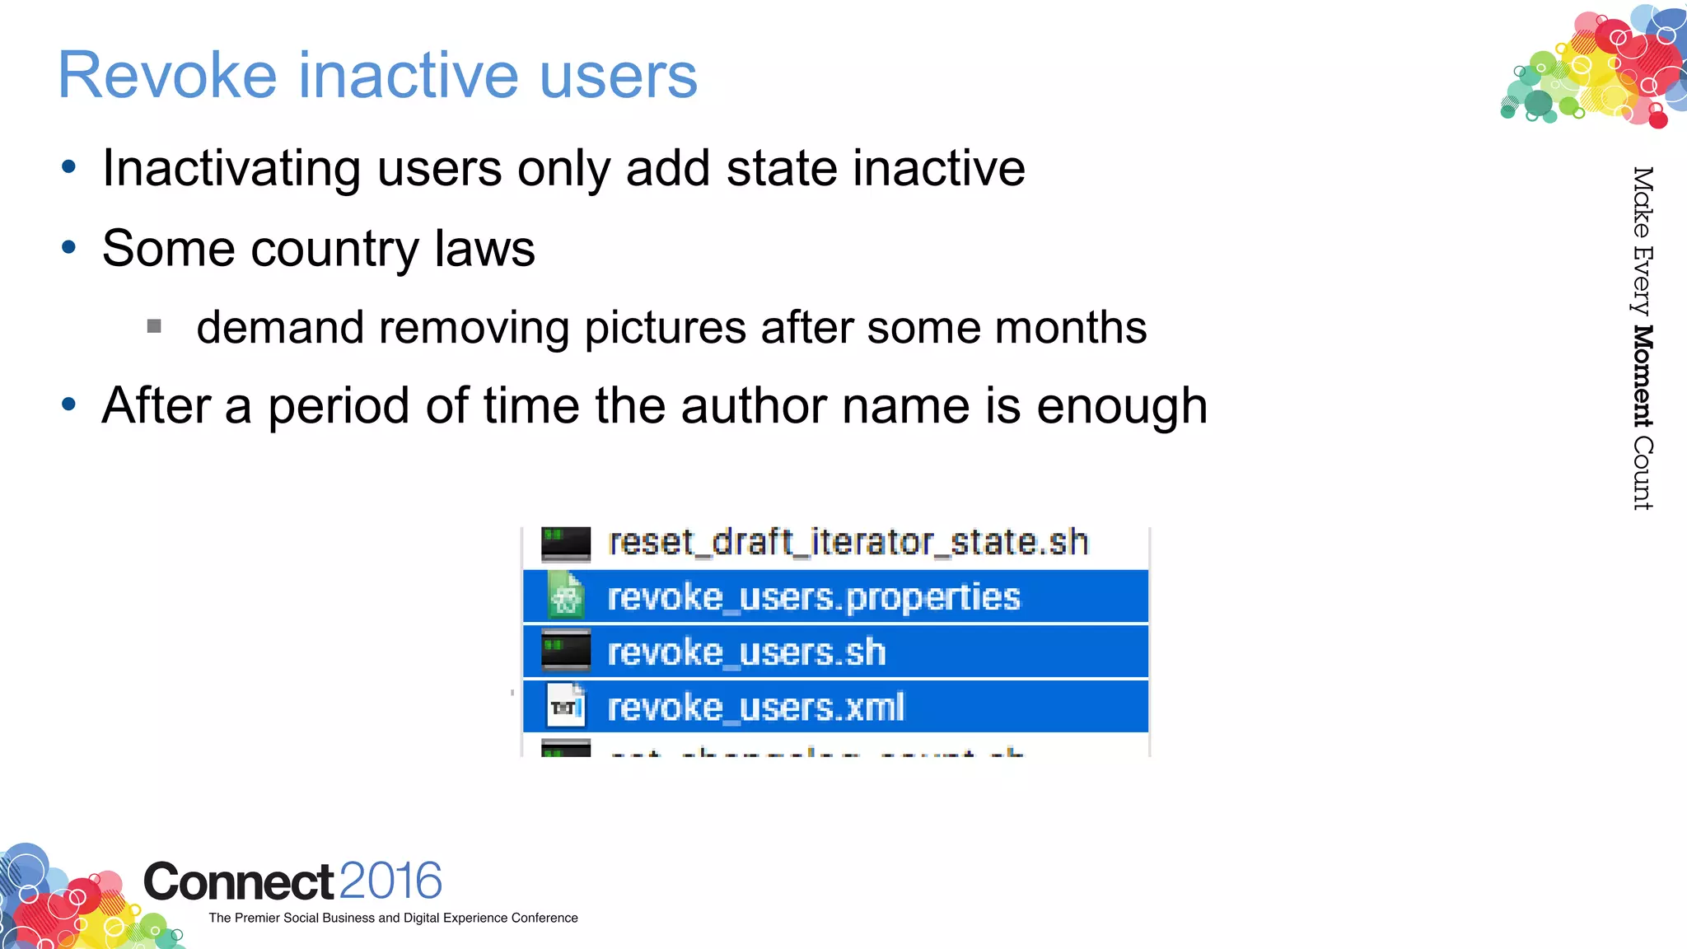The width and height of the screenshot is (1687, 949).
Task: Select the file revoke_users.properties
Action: pyautogui.click(x=813, y=596)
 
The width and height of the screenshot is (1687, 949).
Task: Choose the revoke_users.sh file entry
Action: pyautogui.click(x=746, y=652)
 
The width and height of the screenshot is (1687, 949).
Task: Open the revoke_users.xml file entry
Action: pyautogui.click(x=755, y=707)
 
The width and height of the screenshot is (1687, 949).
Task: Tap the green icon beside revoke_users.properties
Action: pyautogui.click(x=566, y=596)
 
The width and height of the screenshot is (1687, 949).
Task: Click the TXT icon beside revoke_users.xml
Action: pyautogui.click(x=566, y=707)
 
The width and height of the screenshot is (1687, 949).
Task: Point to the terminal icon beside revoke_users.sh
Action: pyautogui.click(x=566, y=651)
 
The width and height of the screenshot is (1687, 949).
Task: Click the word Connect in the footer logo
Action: pyautogui.click(x=239, y=881)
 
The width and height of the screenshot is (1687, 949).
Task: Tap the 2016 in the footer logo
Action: pyautogui.click(x=390, y=881)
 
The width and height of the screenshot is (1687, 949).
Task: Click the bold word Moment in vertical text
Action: pyautogui.click(x=1643, y=376)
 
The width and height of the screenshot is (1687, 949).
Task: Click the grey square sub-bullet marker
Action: pyautogui.click(x=154, y=327)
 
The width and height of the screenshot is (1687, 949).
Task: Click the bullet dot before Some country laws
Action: pyautogui.click(x=69, y=247)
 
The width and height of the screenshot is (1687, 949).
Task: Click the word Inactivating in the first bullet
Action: pyautogui.click(x=231, y=169)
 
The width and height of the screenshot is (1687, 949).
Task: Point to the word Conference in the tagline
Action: pyautogui.click(x=544, y=918)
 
